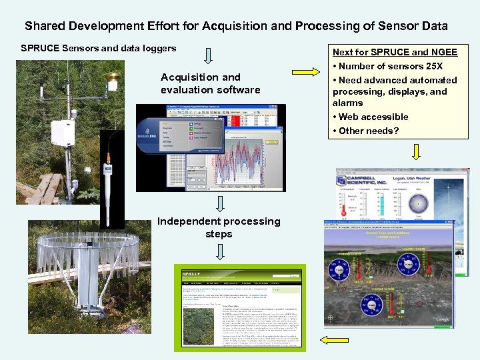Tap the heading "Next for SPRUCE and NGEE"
pos(395,52)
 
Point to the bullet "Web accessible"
pos(373,117)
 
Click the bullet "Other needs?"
pos(368,131)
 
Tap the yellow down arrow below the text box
pos(416,153)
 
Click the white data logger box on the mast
pos(63,131)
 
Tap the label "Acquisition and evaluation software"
pos(210,83)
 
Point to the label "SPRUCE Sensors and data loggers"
pos(99,48)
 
